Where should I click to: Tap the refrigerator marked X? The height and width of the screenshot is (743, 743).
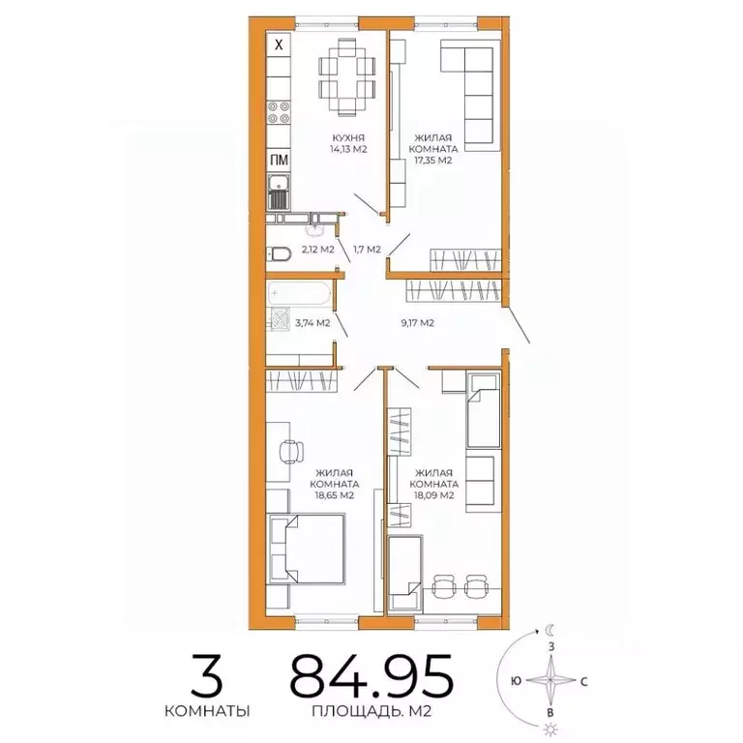coord(279,45)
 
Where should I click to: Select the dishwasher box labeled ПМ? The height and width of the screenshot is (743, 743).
coord(278,162)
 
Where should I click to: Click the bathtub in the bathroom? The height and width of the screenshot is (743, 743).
coord(299,291)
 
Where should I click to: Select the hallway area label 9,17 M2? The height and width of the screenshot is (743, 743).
coord(418,323)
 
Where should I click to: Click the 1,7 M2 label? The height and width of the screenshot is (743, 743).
coord(368,250)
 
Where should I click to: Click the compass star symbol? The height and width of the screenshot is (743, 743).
coord(551,680)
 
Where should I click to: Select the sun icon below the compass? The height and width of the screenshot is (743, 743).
coord(550,728)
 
